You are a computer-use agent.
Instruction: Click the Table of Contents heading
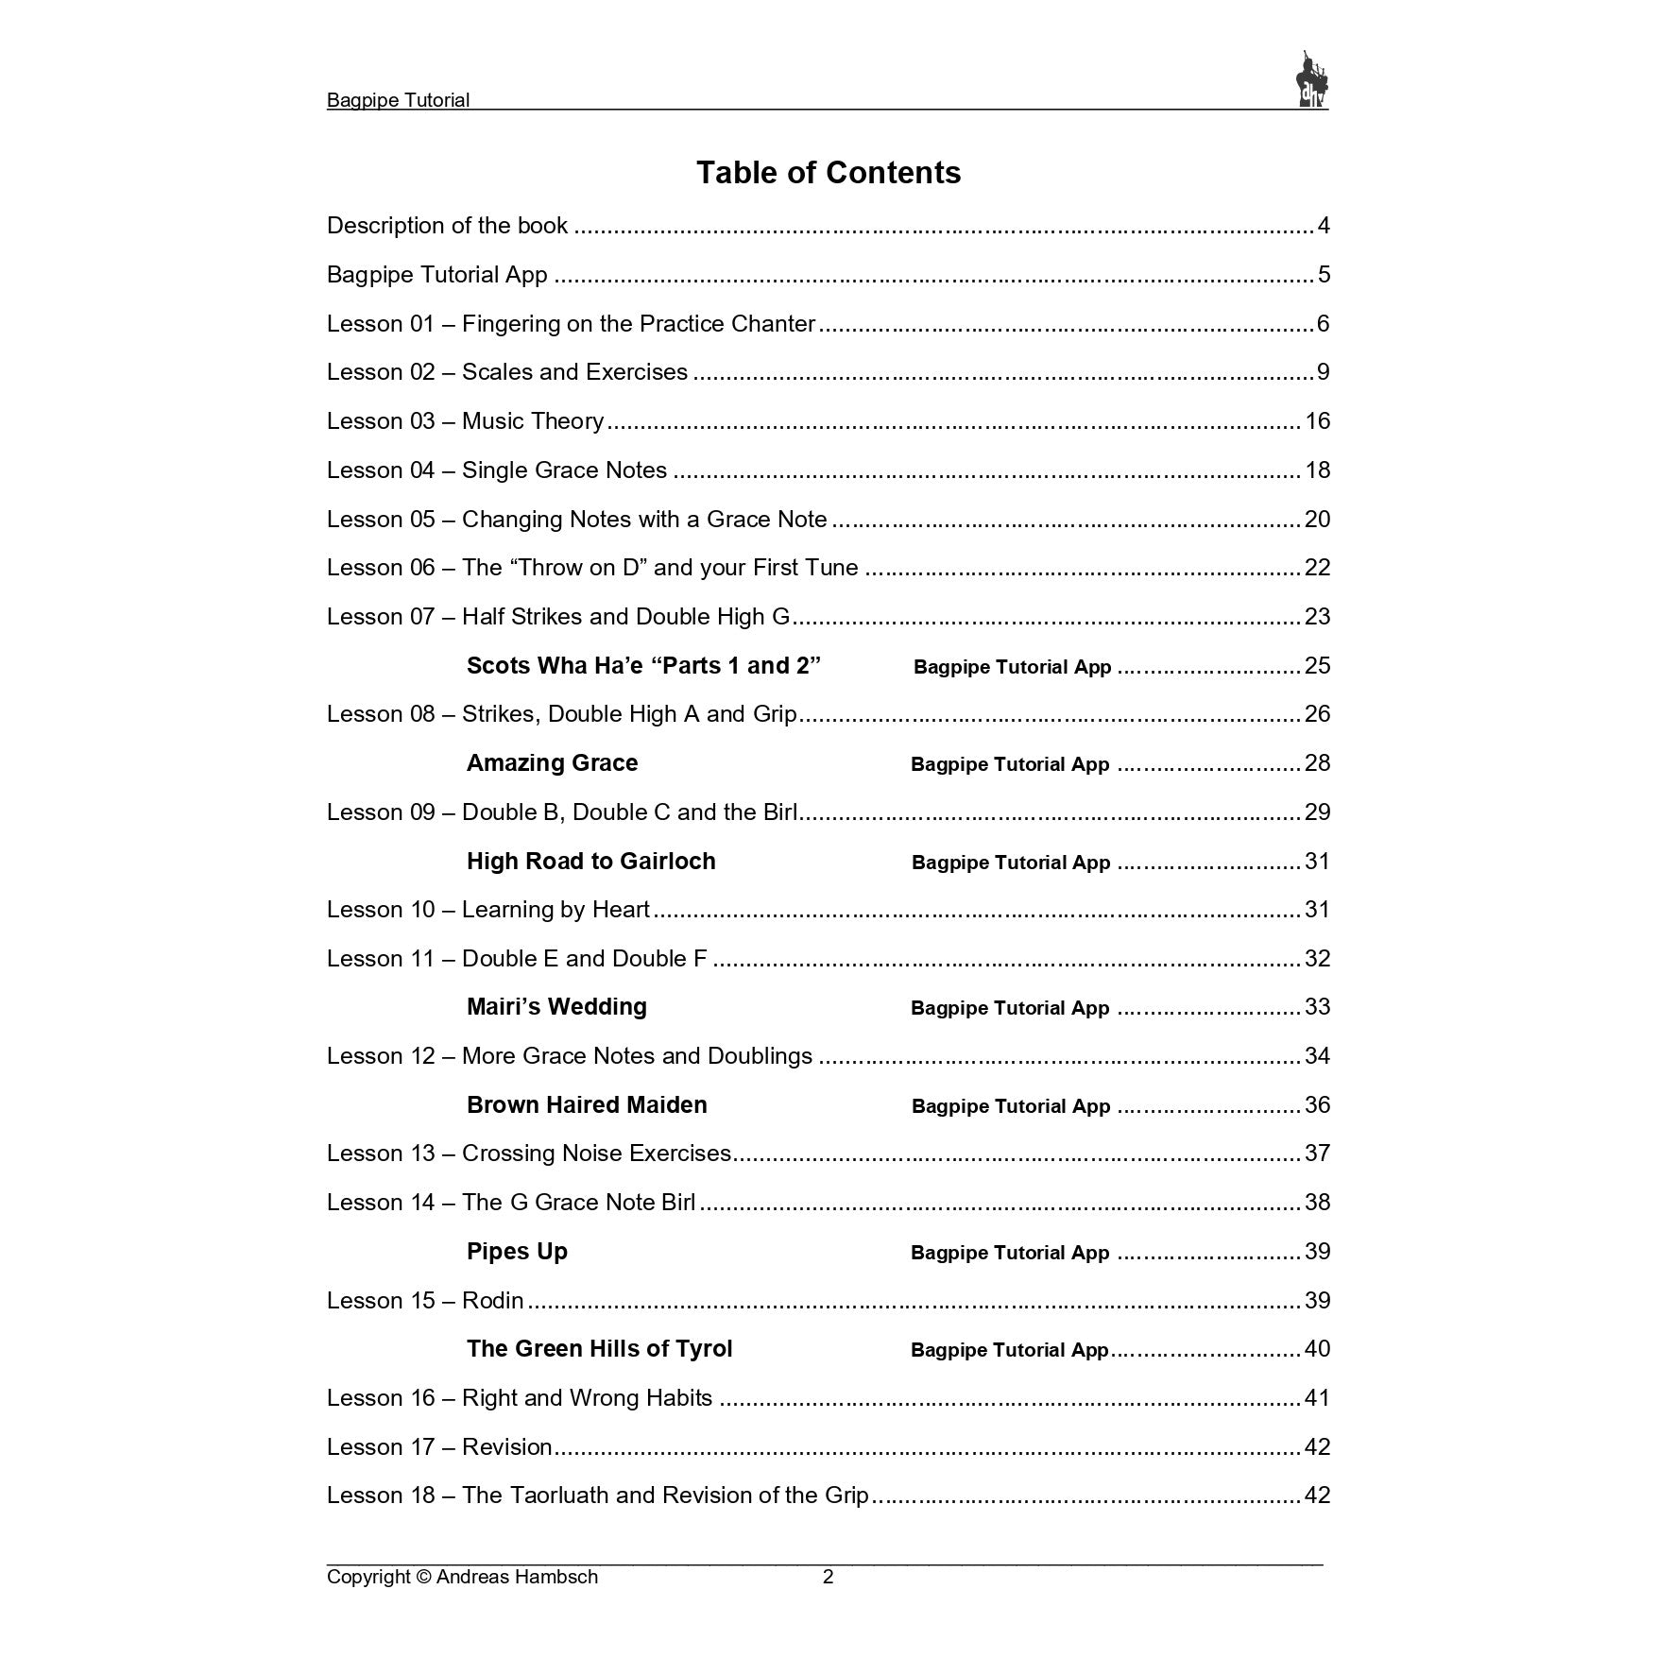click(x=829, y=173)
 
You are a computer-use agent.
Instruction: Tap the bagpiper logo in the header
click(x=1311, y=79)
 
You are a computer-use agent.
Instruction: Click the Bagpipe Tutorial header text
click(x=398, y=100)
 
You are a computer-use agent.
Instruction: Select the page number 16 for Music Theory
click(x=1317, y=421)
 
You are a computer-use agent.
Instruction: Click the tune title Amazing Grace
click(x=552, y=763)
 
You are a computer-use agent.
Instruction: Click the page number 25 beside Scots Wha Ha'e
click(x=1317, y=666)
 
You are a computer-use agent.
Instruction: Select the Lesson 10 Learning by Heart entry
click(x=488, y=910)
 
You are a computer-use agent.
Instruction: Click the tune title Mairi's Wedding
click(x=556, y=1007)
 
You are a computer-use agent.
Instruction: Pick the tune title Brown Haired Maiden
click(x=587, y=1105)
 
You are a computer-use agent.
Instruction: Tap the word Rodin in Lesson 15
click(x=492, y=1301)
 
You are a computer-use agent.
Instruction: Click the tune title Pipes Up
click(x=517, y=1252)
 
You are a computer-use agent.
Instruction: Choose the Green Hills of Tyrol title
click(x=599, y=1349)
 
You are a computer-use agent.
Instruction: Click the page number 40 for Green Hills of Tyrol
click(x=1317, y=1349)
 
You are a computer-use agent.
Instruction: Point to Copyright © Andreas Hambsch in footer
click(x=462, y=1577)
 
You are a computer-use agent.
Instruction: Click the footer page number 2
click(x=829, y=1577)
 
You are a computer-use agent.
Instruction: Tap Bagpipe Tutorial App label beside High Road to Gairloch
click(x=1011, y=863)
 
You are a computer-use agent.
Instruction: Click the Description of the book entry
click(x=447, y=226)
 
